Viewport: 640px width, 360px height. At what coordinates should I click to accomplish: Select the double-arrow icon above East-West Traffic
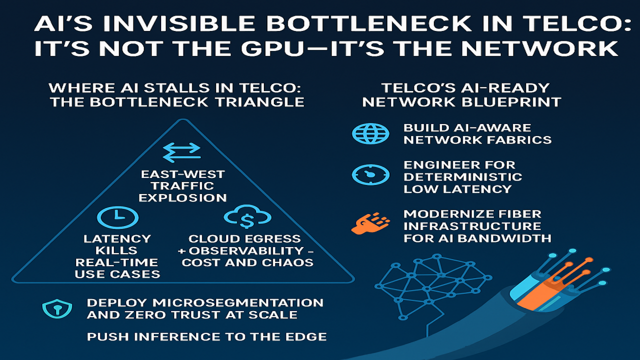pos(182,152)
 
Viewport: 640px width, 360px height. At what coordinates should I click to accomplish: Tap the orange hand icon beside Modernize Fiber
pos(370,223)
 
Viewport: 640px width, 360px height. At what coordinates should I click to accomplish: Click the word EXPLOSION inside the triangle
pos(182,197)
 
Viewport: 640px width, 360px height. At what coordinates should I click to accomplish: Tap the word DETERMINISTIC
pos(462,177)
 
